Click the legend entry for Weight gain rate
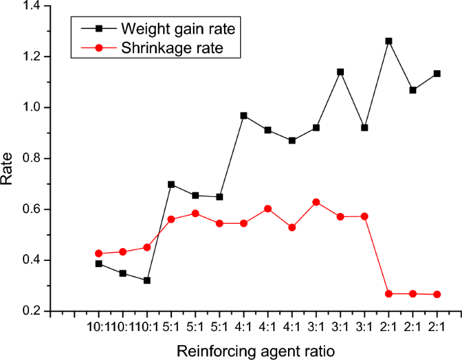(x=178, y=29)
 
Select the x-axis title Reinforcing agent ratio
(x=255, y=351)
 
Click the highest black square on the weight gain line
(x=388, y=41)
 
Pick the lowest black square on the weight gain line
(x=146, y=280)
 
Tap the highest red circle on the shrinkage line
(x=316, y=202)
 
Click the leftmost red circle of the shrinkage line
(x=98, y=253)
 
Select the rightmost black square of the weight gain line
(x=437, y=73)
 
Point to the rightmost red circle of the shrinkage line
(x=437, y=295)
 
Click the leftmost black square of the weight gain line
(x=98, y=264)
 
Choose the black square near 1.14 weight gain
(x=340, y=71)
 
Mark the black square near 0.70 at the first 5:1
(x=171, y=184)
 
